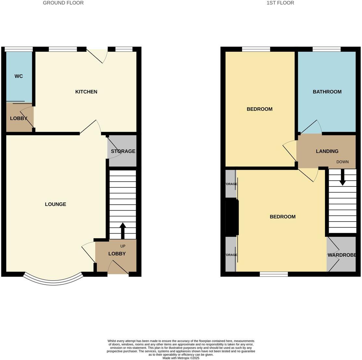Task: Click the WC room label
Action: click(x=19, y=76)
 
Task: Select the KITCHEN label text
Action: click(x=86, y=92)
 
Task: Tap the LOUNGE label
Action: click(x=56, y=204)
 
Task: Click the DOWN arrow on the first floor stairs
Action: click(x=342, y=178)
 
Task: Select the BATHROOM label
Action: click(x=327, y=92)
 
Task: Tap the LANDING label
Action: click(x=327, y=151)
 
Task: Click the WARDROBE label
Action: click(x=342, y=255)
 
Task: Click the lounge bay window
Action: click(x=54, y=281)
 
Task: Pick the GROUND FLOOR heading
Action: click(x=63, y=3)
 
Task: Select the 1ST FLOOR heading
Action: click(x=280, y=3)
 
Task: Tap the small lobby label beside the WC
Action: click(x=19, y=119)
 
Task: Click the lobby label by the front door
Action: click(x=117, y=254)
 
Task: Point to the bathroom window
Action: click(x=327, y=49)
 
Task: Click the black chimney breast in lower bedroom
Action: click(x=232, y=217)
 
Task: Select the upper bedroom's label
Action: click(x=259, y=109)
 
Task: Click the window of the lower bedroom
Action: click(x=274, y=274)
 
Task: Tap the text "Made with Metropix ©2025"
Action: click(x=181, y=358)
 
